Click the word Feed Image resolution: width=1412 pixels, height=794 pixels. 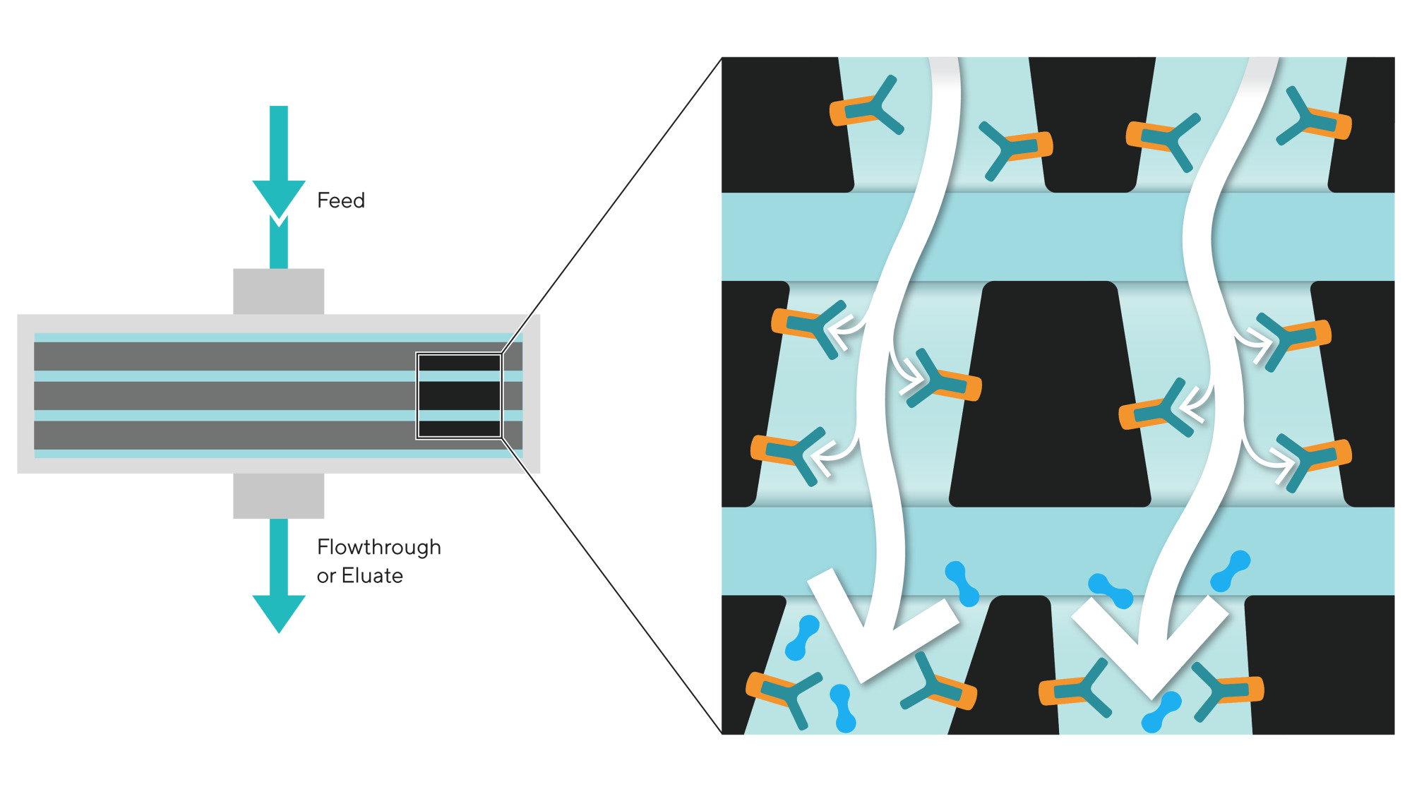point(341,200)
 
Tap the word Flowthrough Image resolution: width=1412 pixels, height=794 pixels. point(379,548)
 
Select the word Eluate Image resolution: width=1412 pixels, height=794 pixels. point(372,576)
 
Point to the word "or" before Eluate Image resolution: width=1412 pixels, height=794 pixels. point(325,577)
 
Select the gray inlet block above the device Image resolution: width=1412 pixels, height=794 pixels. point(279,291)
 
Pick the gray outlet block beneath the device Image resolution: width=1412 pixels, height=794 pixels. point(279,495)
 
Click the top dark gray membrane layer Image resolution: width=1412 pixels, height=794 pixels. point(278,356)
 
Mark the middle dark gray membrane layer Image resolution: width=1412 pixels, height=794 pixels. point(278,396)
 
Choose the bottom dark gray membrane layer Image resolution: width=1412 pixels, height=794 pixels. point(278,435)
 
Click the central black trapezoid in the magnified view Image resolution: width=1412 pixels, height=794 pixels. point(1050,394)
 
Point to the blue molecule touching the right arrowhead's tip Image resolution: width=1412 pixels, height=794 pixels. point(1161,712)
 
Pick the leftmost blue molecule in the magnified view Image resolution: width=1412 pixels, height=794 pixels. point(802,638)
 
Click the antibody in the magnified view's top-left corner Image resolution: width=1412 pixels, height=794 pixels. point(866,107)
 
